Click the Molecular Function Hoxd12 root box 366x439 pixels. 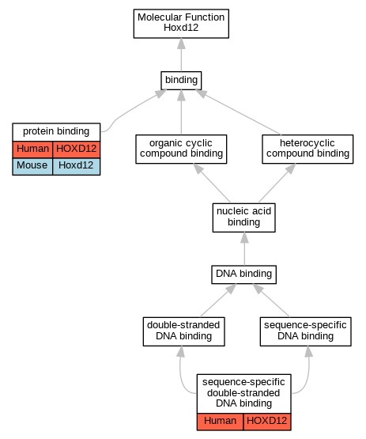(x=181, y=24)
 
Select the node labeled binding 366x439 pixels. (x=181, y=81)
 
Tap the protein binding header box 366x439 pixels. (x=56, y=132)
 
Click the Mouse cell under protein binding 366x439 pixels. (x=32, y=166)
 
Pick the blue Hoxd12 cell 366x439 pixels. (x=76, y=166)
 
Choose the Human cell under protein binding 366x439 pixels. (x=32, y=149)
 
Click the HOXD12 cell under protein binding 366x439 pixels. (x=76, y=149)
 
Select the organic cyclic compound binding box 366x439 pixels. (x=181, y=149)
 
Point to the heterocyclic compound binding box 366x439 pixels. (x=308, y=149)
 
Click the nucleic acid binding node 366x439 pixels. (x=243, y=218)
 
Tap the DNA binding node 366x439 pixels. (x=243, y=274)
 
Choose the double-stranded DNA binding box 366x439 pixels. (x=183, y=331)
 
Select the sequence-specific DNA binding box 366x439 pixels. (x=306, y=331)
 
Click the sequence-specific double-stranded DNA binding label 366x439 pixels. (x=243, y=393)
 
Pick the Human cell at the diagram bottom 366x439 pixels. (x=220, y=422)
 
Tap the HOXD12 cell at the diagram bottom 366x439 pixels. (x=267, y=422)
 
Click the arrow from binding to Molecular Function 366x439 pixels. (x=181, y=55)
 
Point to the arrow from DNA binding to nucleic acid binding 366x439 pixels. (x=244, y=249)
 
